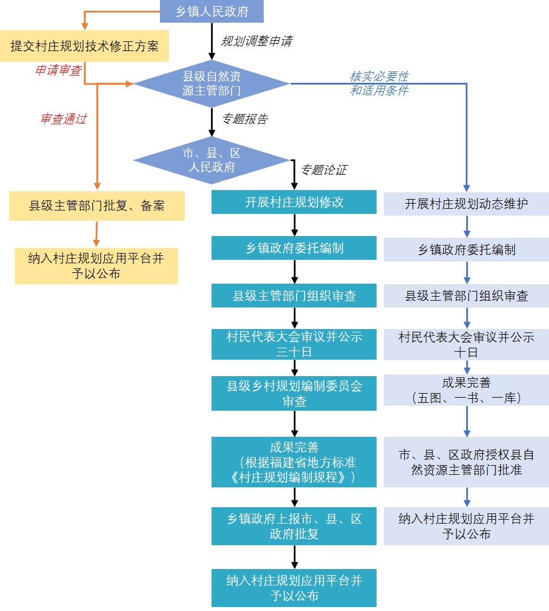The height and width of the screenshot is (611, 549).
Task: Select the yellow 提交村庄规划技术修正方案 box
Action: pyautogui.click(x=85, y=47)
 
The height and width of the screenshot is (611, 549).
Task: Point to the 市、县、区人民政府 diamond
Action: pyautogui.click(x=212, y=161)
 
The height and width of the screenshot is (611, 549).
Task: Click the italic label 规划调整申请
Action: pyautogui.click(x=256, y=41)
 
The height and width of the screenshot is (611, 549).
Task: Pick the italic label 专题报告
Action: pyautogui.click(x=244, y=119)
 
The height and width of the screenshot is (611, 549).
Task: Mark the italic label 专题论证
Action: pyautogui.click(x=323, y=170)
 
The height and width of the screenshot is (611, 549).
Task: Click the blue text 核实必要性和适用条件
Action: pyautogui.click(x=379, y=83)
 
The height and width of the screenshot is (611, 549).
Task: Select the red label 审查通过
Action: pyautogui.click(x=63, y=120)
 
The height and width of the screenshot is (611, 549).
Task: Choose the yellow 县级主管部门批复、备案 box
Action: pyautogui.click(x=97, y=205)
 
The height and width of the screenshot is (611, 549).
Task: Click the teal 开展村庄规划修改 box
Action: pyautogui.click(x=294, y=202)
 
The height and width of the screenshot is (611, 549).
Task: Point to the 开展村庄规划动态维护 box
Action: pyautogui.click(x=466, y=204)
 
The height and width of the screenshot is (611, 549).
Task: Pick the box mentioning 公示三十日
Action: pyautogui.click(x=294, y=344)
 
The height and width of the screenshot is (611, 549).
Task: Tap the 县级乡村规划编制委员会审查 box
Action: pyautogui.click(x=294, y=393)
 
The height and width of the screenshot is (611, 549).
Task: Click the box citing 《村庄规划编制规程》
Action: pyautogui.click(x=294, y=462)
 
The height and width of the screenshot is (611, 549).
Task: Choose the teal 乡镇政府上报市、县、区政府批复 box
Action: pyautogui.click(x=294, y=526)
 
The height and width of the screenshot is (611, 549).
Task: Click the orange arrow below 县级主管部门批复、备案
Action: pyautogui.click(x=96, y=233)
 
